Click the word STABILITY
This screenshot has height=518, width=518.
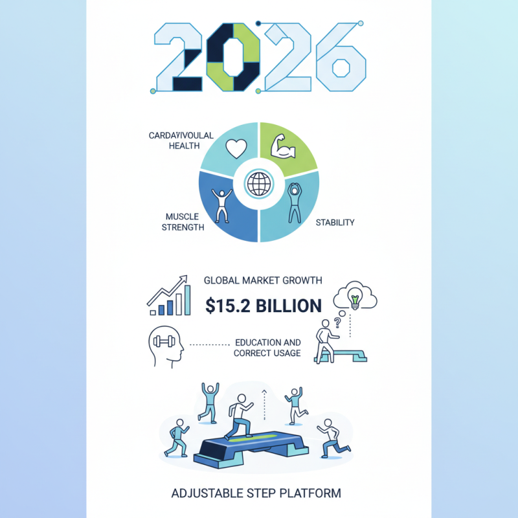[x=335, y=223]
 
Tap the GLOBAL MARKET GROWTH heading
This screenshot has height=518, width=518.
[x=263, y=280]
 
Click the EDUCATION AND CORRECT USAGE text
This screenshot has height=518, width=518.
[x=267, y=348]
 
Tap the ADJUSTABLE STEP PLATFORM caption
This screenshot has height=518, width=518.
[x=256, y=493]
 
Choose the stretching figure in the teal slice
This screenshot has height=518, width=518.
[x=295, y=201]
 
